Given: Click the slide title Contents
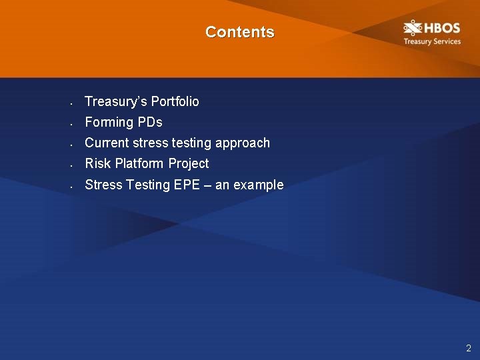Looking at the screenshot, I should pyautogui.click(x=239, y=32).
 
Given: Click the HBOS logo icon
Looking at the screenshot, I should pyautogui.click(x=413, y=29).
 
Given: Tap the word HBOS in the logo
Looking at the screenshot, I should pyautogui.click(x=441, y=29).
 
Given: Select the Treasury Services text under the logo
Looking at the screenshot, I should pyautogui.click(x=431, y=42).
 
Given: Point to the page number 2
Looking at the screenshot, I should pyautogui.click(x=469, y=348).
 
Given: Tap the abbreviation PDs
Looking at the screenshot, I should pyautogui.click(x=150, y=122).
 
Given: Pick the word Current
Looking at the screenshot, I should pyautogui.click(x=107, y=143).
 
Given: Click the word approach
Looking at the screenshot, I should pyautogui.click(x=243, y=143).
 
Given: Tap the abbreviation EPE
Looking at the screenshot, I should pyautogui.click(x=187, y=185).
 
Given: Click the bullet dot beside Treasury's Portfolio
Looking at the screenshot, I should pyautogui.click(x=70, y=104).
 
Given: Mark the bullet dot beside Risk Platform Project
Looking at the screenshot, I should pyautogui.click(x=70, y=166).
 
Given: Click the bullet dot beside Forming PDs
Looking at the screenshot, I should pyautogui.click(x=70, y=125).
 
